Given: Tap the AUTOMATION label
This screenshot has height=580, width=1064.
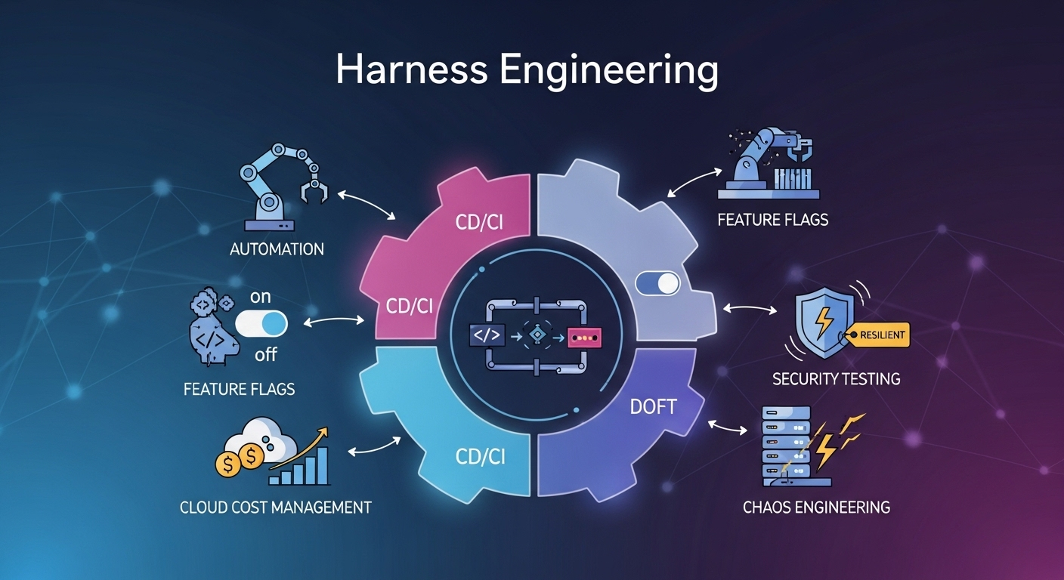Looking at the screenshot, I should (277, 249).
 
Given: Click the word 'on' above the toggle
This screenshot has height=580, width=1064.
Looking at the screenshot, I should (260, 297).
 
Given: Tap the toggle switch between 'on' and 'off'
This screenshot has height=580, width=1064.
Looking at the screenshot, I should (261, 325).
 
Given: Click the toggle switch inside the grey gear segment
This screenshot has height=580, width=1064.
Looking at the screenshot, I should (657, 284).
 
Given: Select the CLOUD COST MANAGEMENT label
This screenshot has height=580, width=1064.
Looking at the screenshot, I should (275, 507).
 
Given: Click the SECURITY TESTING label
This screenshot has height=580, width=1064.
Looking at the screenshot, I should (836, 378).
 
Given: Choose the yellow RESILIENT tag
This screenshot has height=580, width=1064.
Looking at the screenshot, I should (880, 334).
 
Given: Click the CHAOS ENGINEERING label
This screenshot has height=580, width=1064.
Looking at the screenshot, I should (816, 507).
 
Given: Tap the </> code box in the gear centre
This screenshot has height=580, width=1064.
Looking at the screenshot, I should (485, 335).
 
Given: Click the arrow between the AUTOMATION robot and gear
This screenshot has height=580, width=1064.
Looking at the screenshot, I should (368, 205).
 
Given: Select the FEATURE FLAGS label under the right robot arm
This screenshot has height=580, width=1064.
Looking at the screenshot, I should (772, 220).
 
